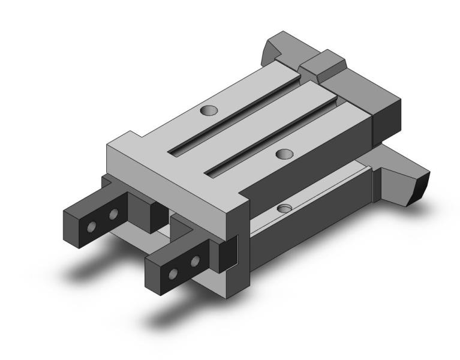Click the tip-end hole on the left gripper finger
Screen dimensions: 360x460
point(91,227)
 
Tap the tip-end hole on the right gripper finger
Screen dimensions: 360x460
point(173,274)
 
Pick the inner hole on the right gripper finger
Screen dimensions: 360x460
point(194,261)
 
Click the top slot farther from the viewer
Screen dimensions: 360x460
point(237,114)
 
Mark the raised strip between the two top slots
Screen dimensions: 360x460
point(258,120)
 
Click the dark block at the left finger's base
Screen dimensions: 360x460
point(144,207)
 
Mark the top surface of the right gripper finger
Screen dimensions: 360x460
point(174,250)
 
